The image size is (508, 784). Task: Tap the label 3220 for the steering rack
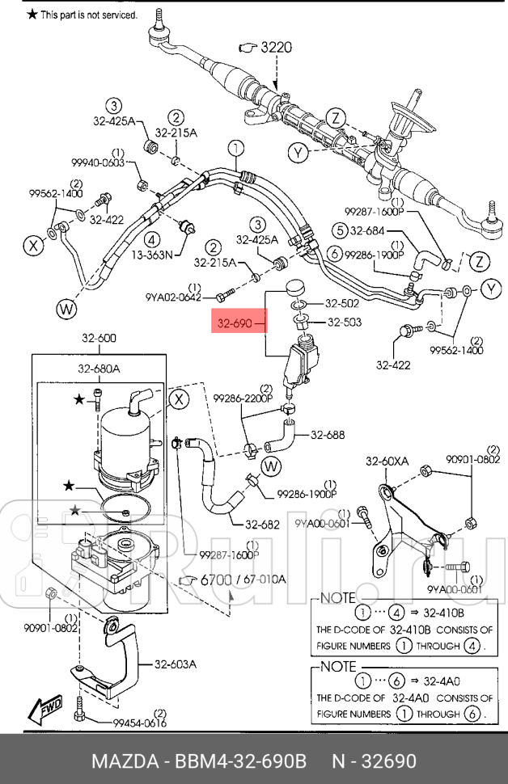[274, 48]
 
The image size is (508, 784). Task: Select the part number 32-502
[342, 304]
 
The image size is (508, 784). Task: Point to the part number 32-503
[344, 323]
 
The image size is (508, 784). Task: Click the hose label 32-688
[328, 435]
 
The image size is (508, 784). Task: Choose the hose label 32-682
[262, 524]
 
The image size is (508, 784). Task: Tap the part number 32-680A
[99, 369]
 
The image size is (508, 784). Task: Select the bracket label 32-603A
[176, 664]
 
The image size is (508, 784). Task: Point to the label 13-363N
[152, 255]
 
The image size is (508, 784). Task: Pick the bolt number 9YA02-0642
[173, 297]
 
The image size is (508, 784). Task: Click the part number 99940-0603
[97, 162]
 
